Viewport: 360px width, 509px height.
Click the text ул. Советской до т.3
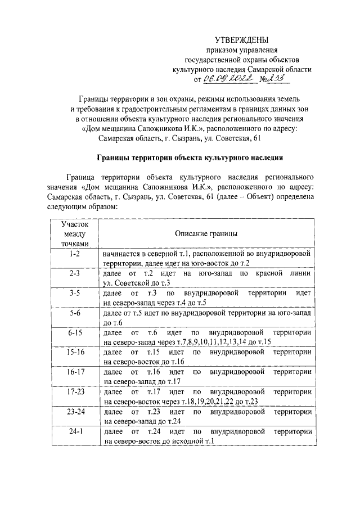(137, 283)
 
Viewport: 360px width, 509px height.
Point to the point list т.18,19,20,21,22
(204, 401)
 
